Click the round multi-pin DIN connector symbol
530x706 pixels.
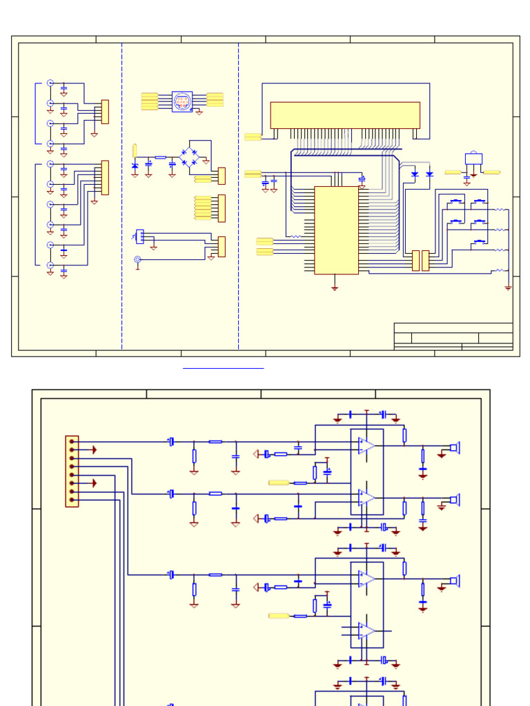tap(182, 101)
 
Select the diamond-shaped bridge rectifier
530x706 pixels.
tap(188, 157)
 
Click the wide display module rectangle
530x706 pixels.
tap(345, 115)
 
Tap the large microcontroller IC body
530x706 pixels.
tap(336, 230)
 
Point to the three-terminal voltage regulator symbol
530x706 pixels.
tap(473, 159)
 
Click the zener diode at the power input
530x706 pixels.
tap(135, 165)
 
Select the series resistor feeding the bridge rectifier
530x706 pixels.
tap(160, 158)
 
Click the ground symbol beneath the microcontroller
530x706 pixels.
tap(335, 287)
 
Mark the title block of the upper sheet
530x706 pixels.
tap(453, 336)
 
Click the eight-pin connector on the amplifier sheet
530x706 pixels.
tap(72, 471)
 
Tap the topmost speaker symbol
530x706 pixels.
tap(454, 447)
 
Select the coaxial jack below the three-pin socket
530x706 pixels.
tap(137, 260)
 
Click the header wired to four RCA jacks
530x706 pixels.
tap(105, 112)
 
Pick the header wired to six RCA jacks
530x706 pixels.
tap(105, 177)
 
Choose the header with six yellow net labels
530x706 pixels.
tap(222, 208)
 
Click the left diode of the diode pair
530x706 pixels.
tap(415, 174)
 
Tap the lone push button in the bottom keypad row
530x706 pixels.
tap(478, 243)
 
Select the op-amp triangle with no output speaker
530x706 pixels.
tap(366, 630)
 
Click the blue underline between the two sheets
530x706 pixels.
tap(223, 368)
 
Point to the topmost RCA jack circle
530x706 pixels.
tap(50, 83)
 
